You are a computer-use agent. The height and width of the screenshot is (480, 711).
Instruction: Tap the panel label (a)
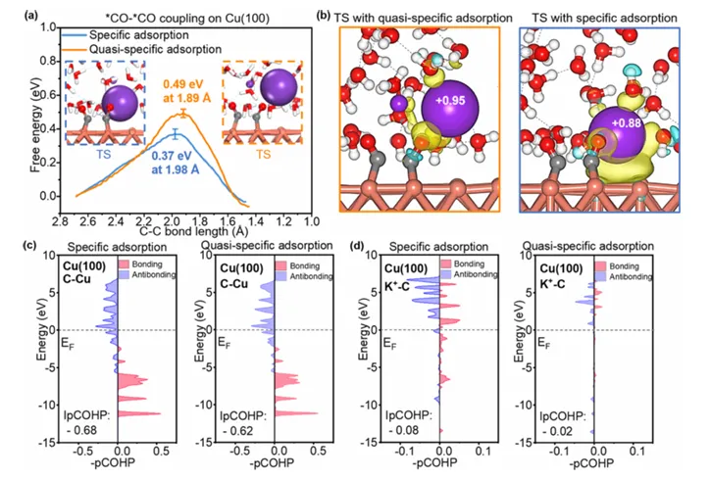pos(17,12)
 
